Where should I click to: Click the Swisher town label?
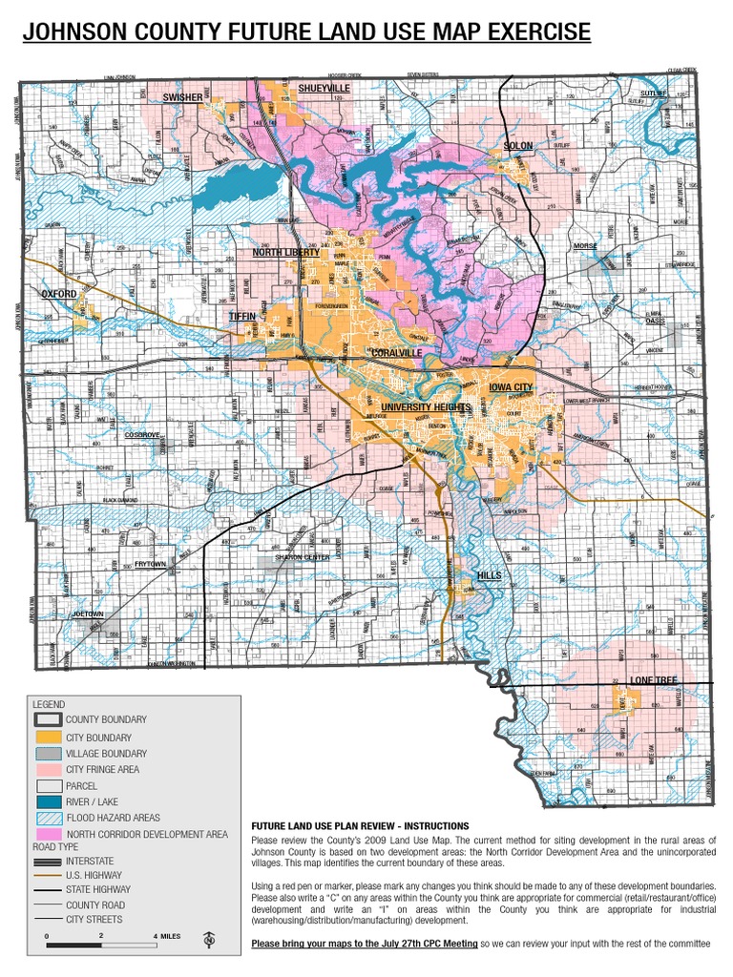pyautogui.click(x=181, y=98)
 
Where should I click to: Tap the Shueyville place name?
pyautogui.click(x=325, y=88)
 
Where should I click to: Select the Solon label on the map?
pyautogui.click(x=518, y=146)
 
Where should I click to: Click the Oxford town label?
pyautogui.click(x=58, y=295)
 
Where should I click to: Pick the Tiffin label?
pyautogui.click(x=242, y=316)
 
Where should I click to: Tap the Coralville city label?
pyautogui.click(x=396, y=353)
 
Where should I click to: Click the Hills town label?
pyautogui.click(x=489, y=576)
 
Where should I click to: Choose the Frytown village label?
pyautogui.click(x=150, y=565)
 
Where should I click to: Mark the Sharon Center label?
pyautogui.click(x=303, y=557)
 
